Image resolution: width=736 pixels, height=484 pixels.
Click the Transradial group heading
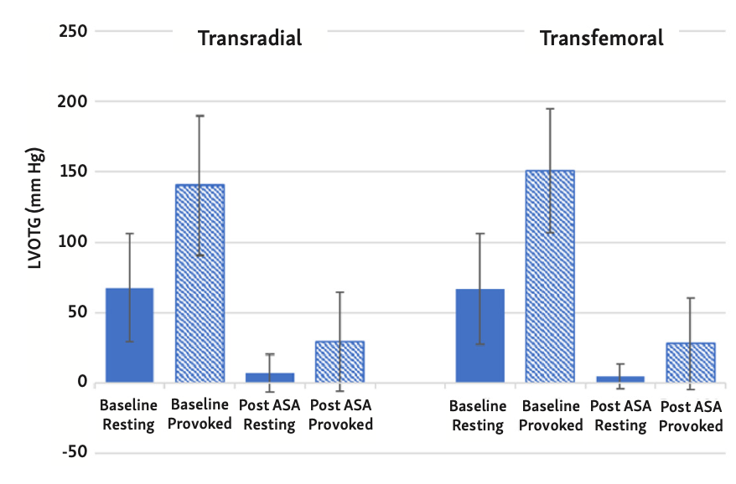(249, 39)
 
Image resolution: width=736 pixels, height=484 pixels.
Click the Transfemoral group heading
(601, 39)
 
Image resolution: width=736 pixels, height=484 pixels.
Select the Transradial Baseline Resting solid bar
(129, 335)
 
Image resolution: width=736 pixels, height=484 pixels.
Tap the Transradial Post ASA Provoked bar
(339, 362)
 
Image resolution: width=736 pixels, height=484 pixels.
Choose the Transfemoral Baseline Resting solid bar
(480, 336)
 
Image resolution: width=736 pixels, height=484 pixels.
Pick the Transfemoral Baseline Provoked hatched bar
(550, 276)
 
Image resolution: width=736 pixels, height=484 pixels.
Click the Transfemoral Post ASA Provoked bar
(691, 363)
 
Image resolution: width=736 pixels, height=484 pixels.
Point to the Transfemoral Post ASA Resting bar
(620, 379)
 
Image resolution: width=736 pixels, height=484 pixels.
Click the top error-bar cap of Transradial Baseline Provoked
(200, 116)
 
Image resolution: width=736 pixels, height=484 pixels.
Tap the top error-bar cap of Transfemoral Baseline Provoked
(550, 108)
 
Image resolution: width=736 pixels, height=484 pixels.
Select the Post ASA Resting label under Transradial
(269, 415)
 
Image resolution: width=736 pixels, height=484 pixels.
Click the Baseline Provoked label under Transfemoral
(550, 415)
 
